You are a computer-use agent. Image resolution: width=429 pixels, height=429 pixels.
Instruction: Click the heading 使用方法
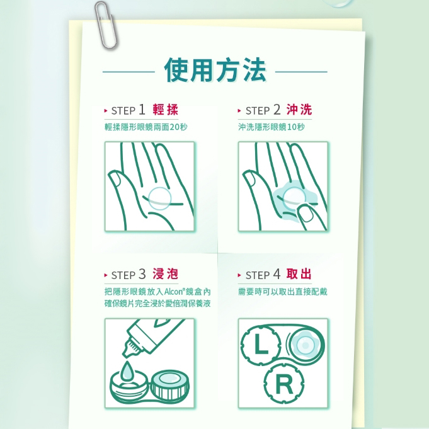coord(215,70)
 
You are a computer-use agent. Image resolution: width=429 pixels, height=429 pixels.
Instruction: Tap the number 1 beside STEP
coord(142,110)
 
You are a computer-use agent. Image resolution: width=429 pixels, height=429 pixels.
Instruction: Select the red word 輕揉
coord(165,110)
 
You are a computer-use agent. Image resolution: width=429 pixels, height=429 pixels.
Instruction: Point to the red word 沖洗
coord(299,110)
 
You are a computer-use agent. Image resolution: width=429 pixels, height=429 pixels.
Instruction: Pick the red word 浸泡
coord(165,274)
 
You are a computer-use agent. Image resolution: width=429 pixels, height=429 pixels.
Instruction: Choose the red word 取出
coord(299,274)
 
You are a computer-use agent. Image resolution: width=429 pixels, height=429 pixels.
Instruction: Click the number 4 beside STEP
coord(277,274)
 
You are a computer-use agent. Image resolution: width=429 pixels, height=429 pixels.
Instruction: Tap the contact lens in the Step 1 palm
coord(160,198)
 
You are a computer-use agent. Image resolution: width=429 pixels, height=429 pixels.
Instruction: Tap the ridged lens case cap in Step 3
coord(170,385)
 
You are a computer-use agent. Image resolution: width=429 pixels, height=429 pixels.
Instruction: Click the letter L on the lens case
coord(261,345)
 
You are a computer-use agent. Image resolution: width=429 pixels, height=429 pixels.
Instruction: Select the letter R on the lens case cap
coord(284,384)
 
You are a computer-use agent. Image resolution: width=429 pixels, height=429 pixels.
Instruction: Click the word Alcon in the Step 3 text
coord(174,292)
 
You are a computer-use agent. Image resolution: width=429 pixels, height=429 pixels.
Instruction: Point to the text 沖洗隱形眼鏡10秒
coord(271,127)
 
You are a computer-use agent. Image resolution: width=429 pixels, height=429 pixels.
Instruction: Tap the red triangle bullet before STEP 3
coord(106,275)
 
